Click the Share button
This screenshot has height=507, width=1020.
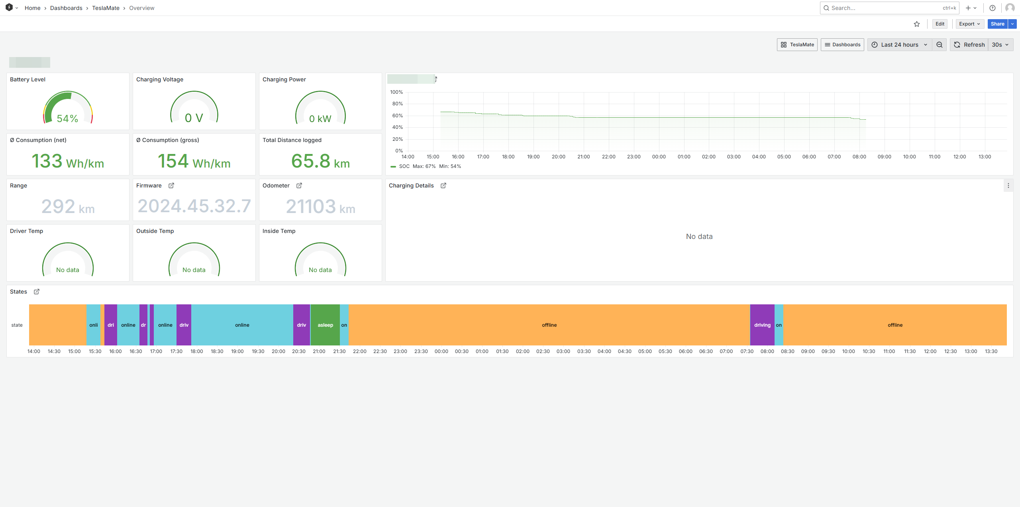click(997, 24)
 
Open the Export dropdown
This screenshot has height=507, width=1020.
click(969, 24)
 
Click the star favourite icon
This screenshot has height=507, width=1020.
click(917, 24)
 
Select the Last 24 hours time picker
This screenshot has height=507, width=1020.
click(899, 45)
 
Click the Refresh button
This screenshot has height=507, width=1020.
click(969, 45)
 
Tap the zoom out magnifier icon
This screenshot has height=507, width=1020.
click(940, 45)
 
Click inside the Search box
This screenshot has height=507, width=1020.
click(885, 8)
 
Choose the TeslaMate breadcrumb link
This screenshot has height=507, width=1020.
click(106, 8)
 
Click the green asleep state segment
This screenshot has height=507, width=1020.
click(325, 325)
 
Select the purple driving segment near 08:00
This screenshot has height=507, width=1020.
click(762, 325)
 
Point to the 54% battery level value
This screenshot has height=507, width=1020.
click(67, 118)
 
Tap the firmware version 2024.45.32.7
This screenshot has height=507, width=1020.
click(194, 206)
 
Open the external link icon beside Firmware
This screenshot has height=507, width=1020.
click(171, 185)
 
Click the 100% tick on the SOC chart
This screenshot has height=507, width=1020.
click(396, 92)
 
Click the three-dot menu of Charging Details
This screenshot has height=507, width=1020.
click(1008, 185)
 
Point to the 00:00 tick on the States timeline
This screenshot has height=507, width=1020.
click(441, 351)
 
